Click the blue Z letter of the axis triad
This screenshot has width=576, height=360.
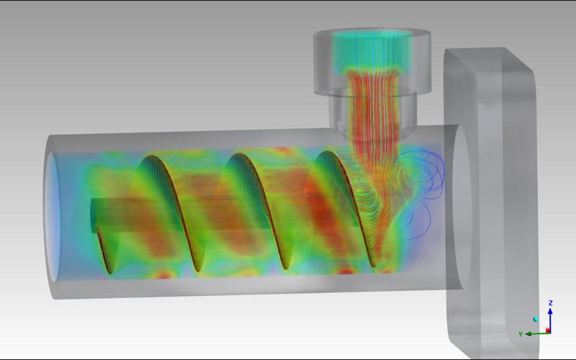pyautogui.click(x=550, y=302)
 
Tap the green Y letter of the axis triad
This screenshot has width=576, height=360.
pyautogui.click(x=521, y=334)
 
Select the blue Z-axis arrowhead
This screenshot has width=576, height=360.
pyautogui.click(x=550, y=311)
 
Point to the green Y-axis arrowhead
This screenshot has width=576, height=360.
pyautogui.click(x=528, y=334)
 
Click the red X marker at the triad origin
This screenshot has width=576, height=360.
pyautogui.click(x=548, y=330)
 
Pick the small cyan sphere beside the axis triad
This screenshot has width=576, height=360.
pyautogui.click(x=536, y=319)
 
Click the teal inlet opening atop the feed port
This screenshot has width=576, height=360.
pyautogui.click(x=372, y=34)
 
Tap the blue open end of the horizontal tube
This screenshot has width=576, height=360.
pyautogui.click(x=53, y=217)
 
